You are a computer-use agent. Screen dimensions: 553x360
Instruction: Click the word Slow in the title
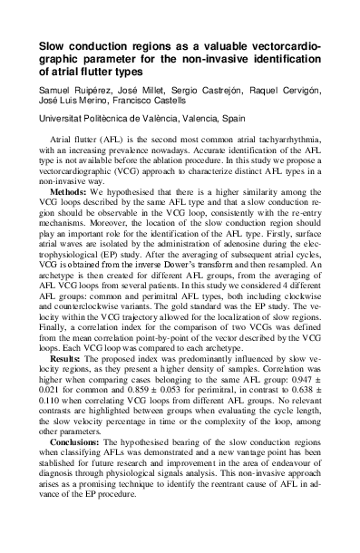54,44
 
